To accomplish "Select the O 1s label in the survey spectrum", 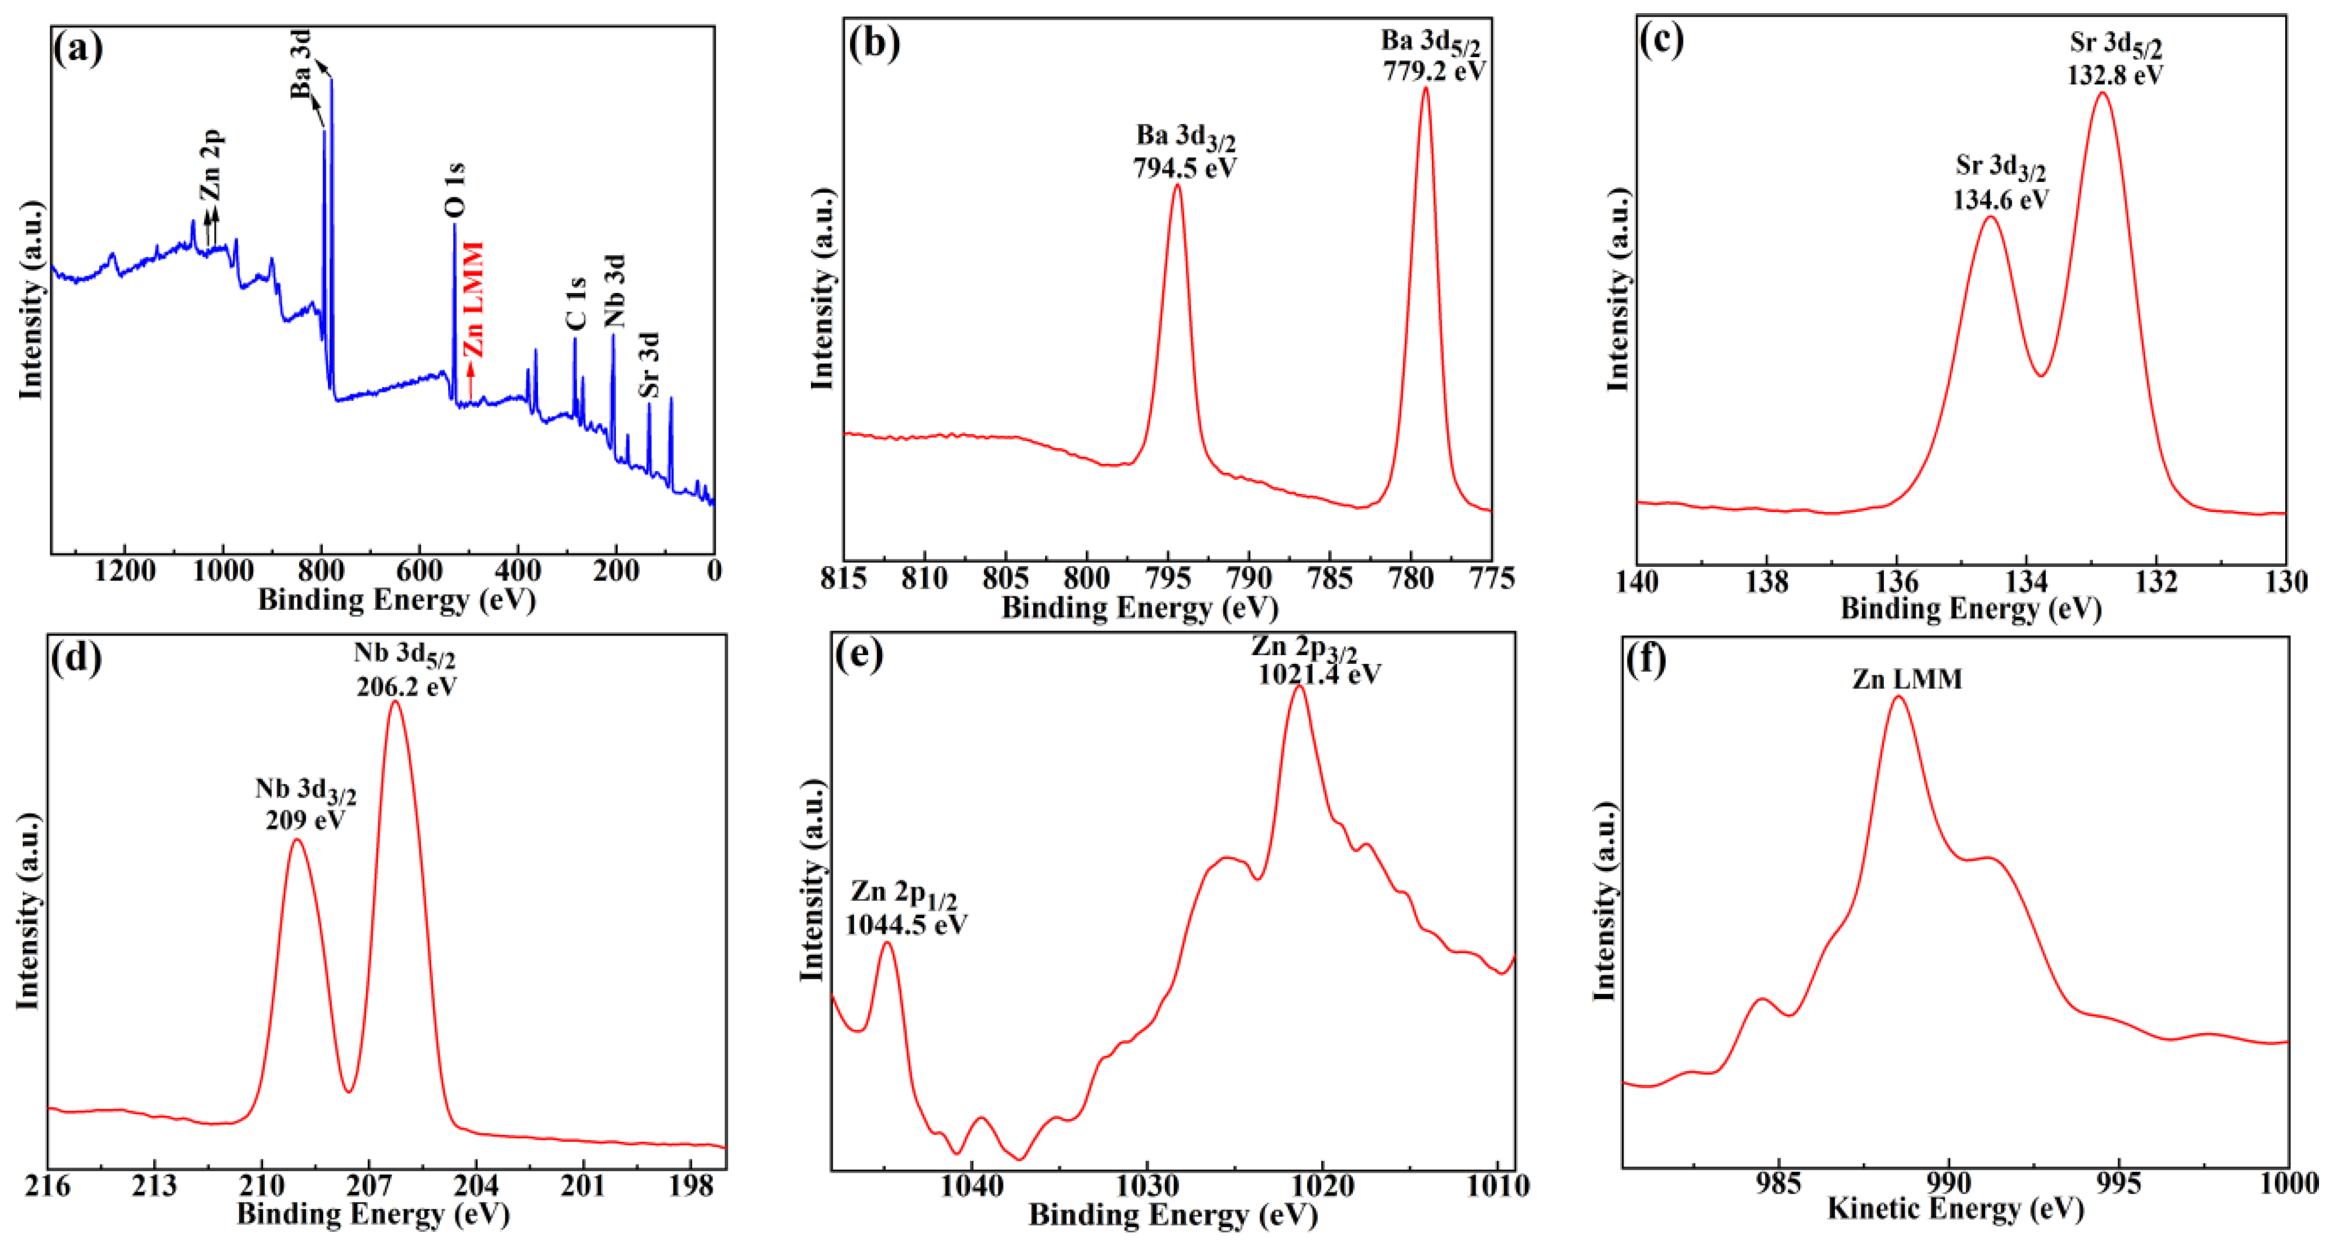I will (x=455, y=190).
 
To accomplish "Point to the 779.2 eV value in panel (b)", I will (x=1434, y=71).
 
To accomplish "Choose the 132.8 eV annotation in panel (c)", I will (x=2115, y=75).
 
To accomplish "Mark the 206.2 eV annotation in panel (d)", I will (x=406, y=687).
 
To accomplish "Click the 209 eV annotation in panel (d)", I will (x=305, y=820).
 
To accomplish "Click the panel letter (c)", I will (x=1661, y=41).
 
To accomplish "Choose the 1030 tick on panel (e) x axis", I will (x=1146, y=1186).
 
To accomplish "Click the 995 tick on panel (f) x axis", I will (x=2119, y=1183).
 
